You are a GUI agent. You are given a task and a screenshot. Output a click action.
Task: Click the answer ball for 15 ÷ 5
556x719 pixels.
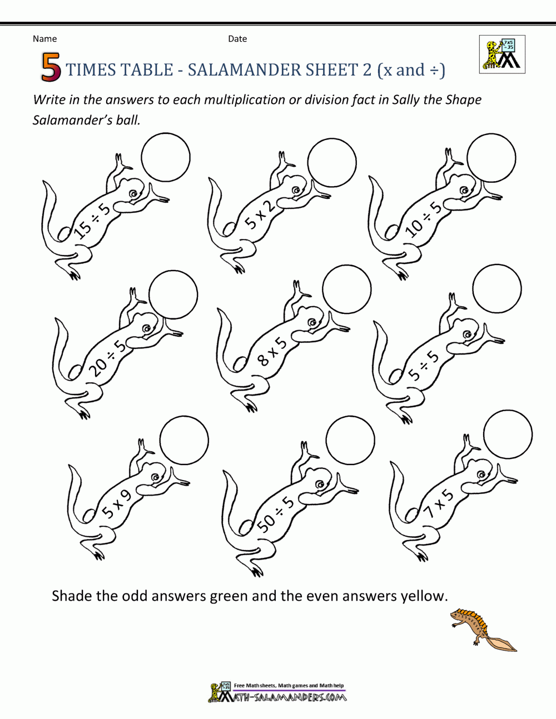[166, 157]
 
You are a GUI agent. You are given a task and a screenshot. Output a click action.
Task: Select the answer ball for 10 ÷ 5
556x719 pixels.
[492, 158]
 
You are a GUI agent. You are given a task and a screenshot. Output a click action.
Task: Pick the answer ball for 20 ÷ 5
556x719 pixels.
[173, 295]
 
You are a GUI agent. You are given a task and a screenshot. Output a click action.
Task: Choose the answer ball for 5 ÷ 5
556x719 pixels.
[497, 289]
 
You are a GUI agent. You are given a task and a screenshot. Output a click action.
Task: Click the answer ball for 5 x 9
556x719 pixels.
[184, 440]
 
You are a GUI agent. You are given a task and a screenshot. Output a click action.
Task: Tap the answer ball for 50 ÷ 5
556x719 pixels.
[350, 441]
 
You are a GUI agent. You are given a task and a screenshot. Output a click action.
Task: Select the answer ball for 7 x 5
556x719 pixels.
[508, 435]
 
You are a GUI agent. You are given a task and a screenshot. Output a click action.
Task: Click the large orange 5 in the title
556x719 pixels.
[50, 68]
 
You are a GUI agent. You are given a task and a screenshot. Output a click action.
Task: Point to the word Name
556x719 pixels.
[44, 39]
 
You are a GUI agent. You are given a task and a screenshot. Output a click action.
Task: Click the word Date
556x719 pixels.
[237, 39]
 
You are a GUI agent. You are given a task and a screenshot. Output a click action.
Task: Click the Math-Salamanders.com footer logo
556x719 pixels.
[277, 693]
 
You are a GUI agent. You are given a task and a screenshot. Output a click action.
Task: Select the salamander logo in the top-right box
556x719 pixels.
[502, 54]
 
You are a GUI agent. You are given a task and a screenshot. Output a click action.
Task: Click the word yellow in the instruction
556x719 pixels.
[423, 596]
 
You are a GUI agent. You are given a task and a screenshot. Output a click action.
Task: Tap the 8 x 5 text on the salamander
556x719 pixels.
[272, 352]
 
